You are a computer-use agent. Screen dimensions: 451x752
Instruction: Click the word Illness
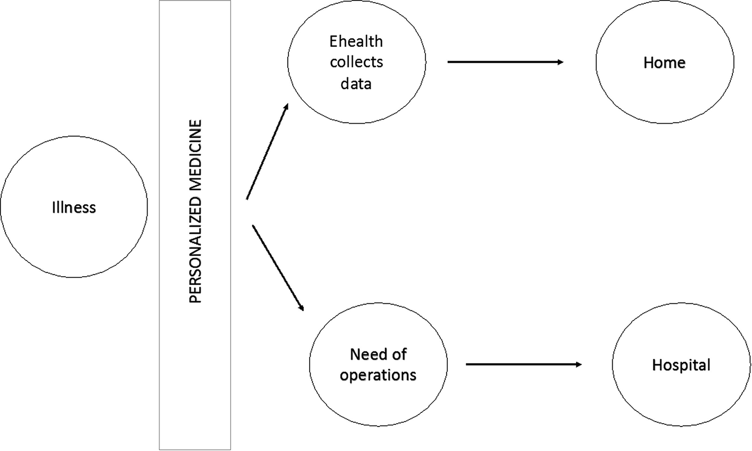[x=74, y=208]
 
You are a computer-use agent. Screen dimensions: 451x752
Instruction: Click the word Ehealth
[x=356, y=41]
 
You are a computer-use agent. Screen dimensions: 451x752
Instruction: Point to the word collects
[x=356, y=62]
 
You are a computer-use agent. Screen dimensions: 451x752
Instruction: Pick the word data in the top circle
[x=356, y=83]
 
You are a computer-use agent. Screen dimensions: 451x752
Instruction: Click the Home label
[x=664, y=63]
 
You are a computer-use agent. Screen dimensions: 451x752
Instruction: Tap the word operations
[x=378, y=375]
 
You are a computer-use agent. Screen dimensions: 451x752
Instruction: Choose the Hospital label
[x=681, y=365]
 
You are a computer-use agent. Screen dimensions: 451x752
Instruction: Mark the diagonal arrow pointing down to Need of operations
[x=278, y=267]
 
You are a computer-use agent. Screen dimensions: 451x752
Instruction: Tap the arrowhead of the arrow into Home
[x=560, y=62]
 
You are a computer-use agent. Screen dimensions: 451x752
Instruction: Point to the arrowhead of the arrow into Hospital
[x=578, y=364]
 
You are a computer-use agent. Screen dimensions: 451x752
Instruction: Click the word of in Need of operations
[x=400, y=355]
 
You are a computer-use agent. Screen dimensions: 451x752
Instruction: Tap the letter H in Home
[x=648, y=63]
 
